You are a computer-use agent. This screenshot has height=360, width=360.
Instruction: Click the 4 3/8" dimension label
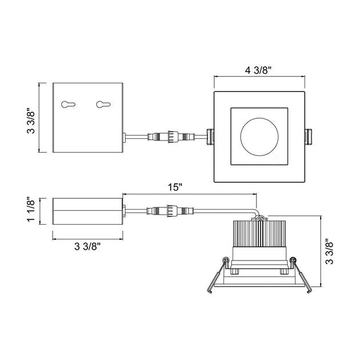tap(258, 70)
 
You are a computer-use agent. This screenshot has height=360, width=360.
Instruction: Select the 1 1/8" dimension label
tap(31, 209)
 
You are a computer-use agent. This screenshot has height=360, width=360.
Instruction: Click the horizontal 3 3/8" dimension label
tap(87, 247)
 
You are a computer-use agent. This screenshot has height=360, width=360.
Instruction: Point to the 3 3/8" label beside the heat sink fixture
tap(330, 252)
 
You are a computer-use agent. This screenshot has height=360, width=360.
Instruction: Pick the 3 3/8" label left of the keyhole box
tap(31, 121)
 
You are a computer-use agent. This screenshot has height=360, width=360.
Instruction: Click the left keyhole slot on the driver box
tap(68, 105)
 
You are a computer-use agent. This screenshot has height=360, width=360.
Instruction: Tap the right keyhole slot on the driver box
tap(103, 105)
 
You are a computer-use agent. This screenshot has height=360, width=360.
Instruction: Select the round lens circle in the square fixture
tap(259, 137)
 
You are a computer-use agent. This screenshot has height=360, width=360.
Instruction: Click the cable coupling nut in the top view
tap(173, 137)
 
